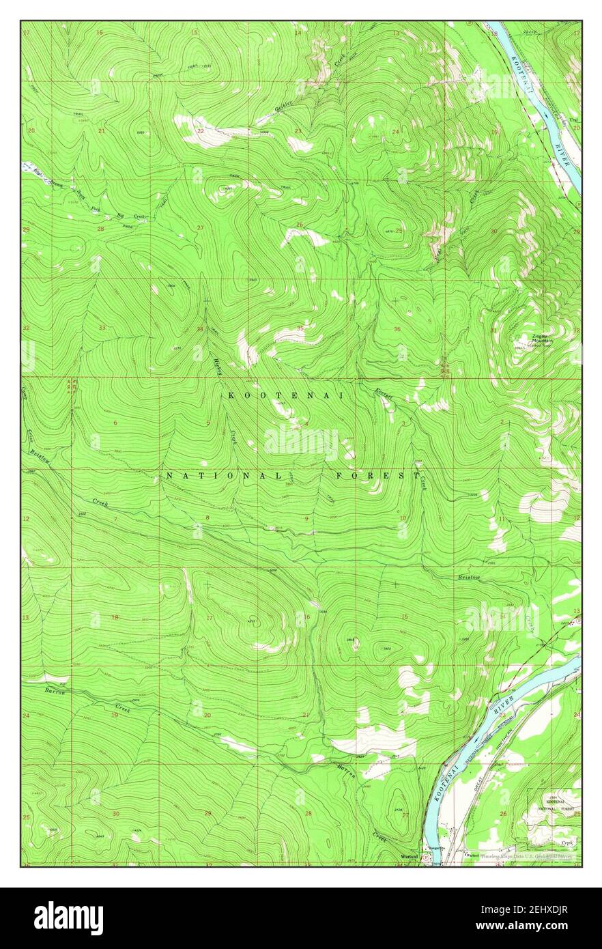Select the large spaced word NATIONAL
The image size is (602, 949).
tap(223, 475)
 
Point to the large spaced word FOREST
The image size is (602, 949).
tap(377, 475)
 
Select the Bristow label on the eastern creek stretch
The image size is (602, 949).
tap(470, 578)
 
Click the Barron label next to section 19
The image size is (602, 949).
tap(55, 692)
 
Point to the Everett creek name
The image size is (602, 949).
tap(384, 393)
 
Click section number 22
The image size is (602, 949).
tap(201, 131)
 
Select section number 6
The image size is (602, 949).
tap(115, 423)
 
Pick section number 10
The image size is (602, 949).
tap(403, 519)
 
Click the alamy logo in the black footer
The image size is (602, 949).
tap(68, 918)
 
